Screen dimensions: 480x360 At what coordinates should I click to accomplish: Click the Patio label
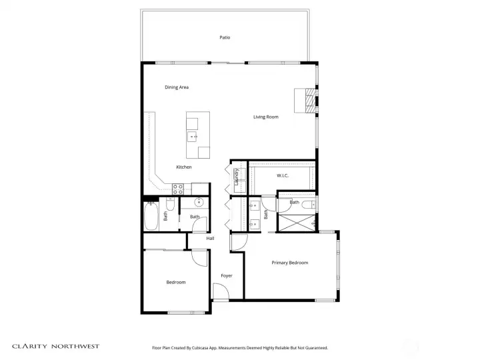(x=225, y=37)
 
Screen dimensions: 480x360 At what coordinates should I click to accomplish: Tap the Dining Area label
(x=177, y=87)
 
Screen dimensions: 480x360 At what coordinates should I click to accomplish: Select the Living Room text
(x=266, y=117)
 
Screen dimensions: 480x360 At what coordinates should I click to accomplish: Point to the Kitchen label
(x=184, y=167)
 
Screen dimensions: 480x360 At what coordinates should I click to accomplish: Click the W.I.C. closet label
(x=282, y=176)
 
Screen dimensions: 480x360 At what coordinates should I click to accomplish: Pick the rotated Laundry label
(x=236, y=177)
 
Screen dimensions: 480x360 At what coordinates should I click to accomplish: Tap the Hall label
(x=210, y=239)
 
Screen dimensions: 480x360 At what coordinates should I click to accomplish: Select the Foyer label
(x=227, y=276)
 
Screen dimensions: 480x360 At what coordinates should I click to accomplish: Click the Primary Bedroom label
(x=289, y=263)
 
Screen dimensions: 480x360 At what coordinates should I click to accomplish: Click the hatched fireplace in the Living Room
(x=311, y=101)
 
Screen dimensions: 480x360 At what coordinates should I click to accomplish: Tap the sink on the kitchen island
(x=192, y=137)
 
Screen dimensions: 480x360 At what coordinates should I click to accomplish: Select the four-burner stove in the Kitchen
(x=178, y=189)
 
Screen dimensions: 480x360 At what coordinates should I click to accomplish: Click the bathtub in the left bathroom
(x=151, y=216)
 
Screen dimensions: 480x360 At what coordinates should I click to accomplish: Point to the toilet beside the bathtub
(x=170, y=203)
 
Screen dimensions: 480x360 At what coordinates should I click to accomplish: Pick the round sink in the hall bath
(x=199, y=202)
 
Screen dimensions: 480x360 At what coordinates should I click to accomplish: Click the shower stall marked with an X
(x=296, y=223)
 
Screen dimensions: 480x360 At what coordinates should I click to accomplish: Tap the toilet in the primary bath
(x=309, y=205)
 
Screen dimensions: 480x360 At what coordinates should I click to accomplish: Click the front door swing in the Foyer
(x=221, y=291)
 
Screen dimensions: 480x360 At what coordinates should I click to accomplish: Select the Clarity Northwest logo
(x=56, y=346)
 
